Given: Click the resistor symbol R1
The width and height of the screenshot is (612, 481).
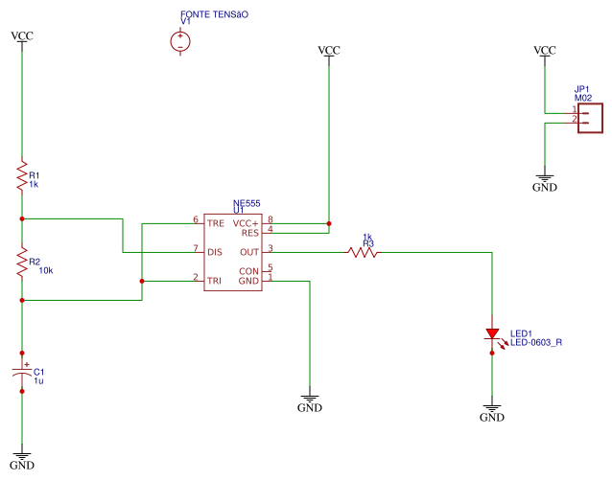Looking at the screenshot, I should [21, 175].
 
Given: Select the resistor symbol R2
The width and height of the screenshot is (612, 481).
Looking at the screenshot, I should [21, 261].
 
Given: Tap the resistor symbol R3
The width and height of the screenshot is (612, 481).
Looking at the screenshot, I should [363, 252].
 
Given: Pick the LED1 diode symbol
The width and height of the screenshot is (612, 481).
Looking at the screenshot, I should [492, 335].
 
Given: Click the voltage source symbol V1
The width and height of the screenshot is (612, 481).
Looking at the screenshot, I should [179, 41].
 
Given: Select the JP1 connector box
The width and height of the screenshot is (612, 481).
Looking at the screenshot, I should [591, 116].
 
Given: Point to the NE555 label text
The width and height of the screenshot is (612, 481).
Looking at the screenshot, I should [247, 203].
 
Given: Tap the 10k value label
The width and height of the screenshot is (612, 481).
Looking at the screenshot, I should [45, 271].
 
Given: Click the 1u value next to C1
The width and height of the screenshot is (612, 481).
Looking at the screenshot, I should [38, 380].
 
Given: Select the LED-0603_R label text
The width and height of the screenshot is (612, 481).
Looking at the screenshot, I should [535, 342].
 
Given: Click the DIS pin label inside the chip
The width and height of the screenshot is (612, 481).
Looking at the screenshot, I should [215, 252].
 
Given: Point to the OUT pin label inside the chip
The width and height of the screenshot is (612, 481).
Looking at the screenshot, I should [249, 252].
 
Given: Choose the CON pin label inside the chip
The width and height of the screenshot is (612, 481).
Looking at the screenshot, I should [249, 270].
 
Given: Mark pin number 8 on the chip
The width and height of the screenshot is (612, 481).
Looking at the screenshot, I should [271, 219].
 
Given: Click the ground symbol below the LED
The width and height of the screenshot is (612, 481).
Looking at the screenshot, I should [492, 412].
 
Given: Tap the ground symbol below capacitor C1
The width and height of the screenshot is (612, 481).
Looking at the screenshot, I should [21, 458].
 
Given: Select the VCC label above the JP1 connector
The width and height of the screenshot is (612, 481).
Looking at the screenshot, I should [544, 50].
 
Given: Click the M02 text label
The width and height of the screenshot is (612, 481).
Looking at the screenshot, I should [583, 98].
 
